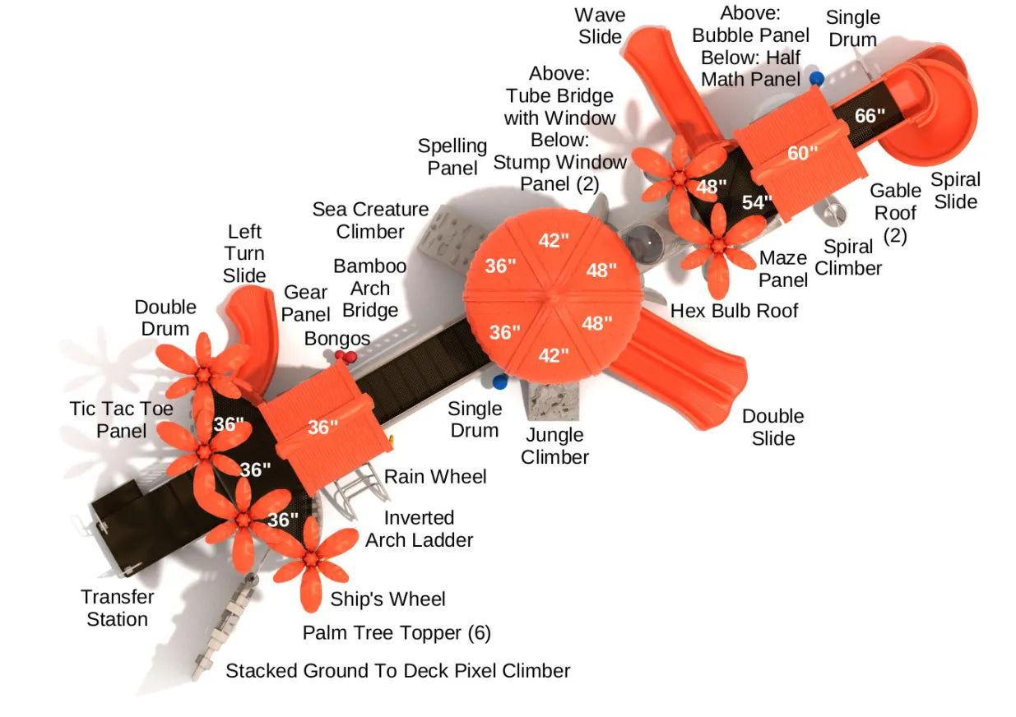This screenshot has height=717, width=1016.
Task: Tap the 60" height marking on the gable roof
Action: click(x=802, y=152)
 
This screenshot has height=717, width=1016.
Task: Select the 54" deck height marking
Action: click(x=757, y=202)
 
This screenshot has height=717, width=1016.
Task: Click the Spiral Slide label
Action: click(x=956, y=191)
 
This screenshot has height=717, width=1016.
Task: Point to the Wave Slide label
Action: click(x=601, y=25)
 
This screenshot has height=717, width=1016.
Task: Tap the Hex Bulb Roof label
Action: click(x=735, y=310)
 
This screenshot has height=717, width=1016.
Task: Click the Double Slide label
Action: click(x=773, y=427)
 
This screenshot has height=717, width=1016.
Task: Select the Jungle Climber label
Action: click(x=555, y=446)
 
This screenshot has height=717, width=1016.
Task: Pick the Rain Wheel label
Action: click(x=435, y=477)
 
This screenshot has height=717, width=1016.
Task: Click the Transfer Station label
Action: click(x=118, y=608)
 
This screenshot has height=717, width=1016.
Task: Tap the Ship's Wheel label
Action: click(x=387, y=599)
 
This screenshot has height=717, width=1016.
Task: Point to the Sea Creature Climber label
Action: click(x=370, y=220)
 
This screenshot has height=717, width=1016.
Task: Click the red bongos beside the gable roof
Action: click(x=345, y=356)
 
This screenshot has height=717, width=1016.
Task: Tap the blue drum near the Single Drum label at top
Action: click(x=816, y=79)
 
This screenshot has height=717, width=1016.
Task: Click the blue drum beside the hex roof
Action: click(x=499, y=382)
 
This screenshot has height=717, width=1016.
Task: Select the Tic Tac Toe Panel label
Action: click(x=122, y=419)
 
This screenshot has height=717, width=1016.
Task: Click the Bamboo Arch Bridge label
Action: click(x=370, y=288)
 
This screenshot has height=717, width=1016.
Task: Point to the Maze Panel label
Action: click(x=783, y=269)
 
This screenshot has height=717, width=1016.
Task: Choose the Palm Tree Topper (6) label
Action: click(x=397, y=632)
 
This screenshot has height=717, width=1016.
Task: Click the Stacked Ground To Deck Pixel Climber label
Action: click(x=397, y=671)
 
